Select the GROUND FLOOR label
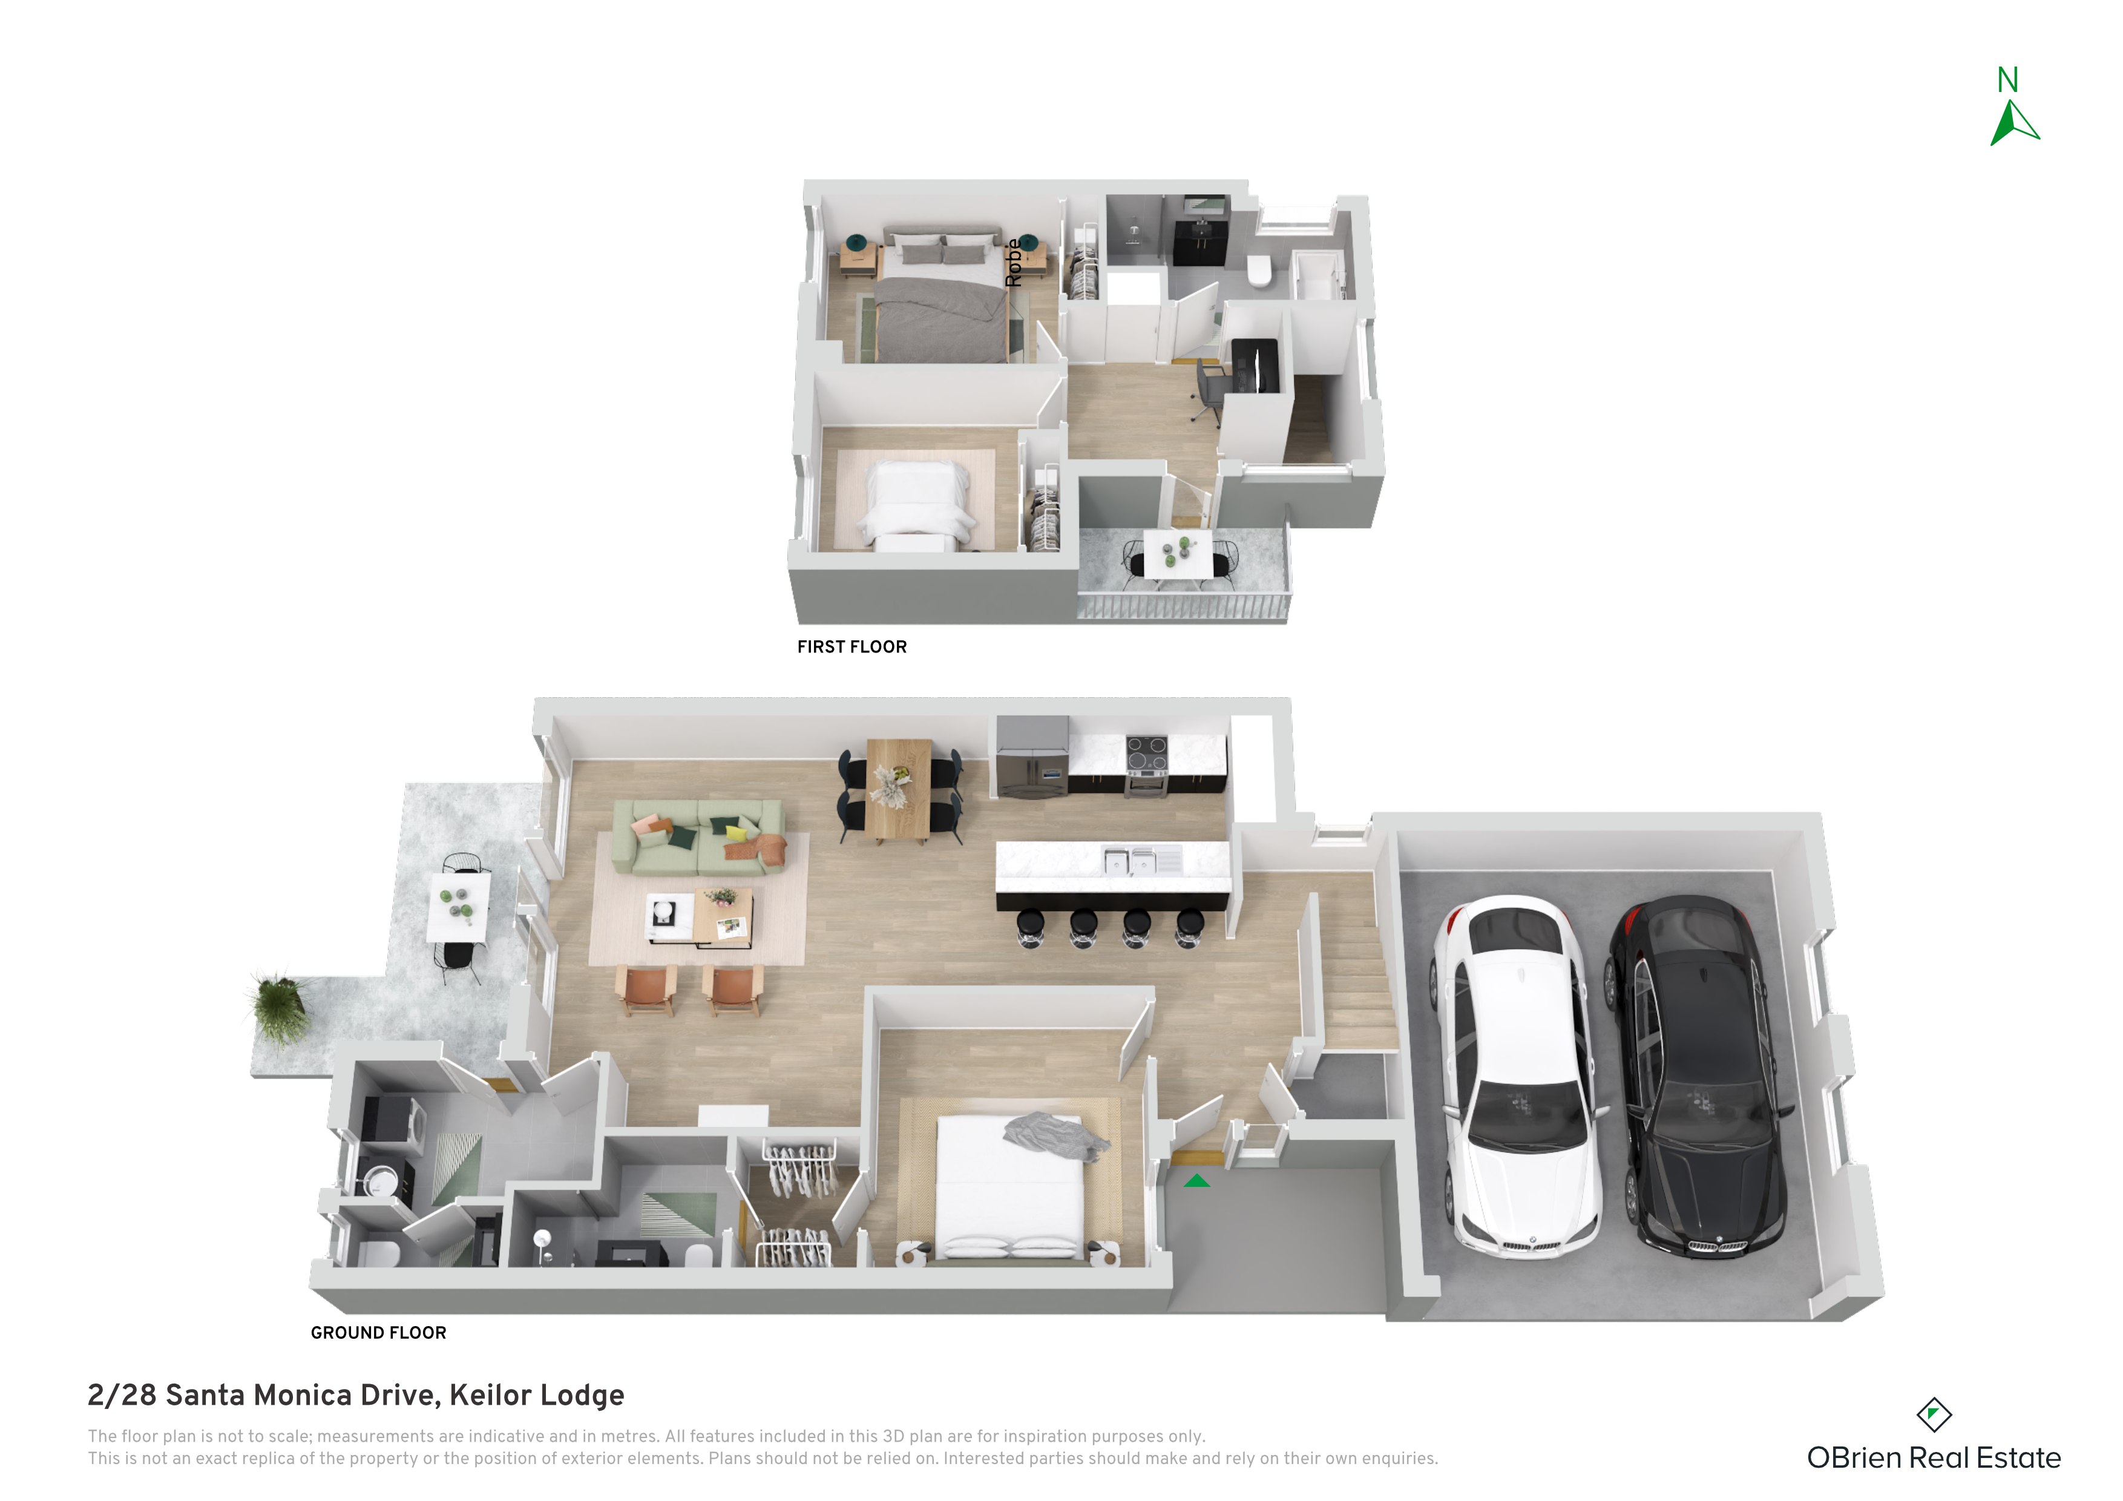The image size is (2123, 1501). click(x=378, y=1333)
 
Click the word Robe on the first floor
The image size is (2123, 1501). click(x=1014, y=263)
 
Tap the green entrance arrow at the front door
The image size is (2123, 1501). click(x=1196, y=1180)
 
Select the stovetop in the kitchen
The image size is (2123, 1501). click(x=1147, y=754)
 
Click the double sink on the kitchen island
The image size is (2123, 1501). click(x=1130, y=862)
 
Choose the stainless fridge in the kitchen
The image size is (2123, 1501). click(x=1032, y=757)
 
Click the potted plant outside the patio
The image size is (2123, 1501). click(x=278, y=1008)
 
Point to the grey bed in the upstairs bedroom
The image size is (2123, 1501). click(x=941, y=294)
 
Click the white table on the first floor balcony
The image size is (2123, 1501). click(x=1178, y=554)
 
